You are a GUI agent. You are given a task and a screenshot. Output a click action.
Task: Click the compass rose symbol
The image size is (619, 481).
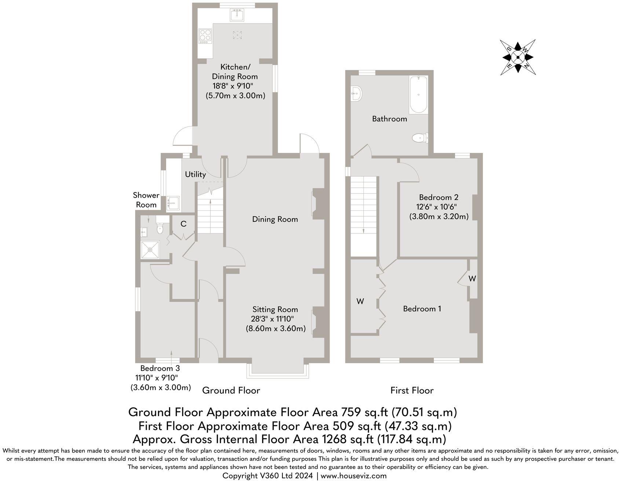pos(517,57)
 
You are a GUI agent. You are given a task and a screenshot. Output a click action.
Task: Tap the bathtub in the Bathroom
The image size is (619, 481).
pos(418,95)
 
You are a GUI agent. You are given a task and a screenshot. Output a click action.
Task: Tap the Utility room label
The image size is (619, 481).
pos(195,175)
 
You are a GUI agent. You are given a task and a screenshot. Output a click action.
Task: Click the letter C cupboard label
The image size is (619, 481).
pos(183,224)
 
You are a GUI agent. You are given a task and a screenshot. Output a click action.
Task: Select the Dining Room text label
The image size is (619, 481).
pos(275,219)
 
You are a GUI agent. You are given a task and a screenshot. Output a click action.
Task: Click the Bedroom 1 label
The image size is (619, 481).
pos(422,309)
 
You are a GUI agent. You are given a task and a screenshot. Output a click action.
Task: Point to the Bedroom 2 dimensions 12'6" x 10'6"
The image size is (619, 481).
pos(439,207)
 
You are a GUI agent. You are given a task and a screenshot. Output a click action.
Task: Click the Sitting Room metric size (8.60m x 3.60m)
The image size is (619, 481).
pos(275,328)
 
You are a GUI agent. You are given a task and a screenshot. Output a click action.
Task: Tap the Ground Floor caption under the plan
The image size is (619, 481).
pos(231,390)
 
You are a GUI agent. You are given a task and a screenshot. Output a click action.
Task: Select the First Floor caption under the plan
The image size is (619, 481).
pos(412,390)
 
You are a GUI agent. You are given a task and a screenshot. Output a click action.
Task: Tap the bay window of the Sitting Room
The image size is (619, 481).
pos(278,370)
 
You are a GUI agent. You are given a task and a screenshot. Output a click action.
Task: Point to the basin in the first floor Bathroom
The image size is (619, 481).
pos(356,93)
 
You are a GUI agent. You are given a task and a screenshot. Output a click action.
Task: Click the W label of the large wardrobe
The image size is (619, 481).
pos(360,301)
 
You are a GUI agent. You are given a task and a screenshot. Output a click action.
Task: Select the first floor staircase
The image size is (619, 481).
pos(364,205)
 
